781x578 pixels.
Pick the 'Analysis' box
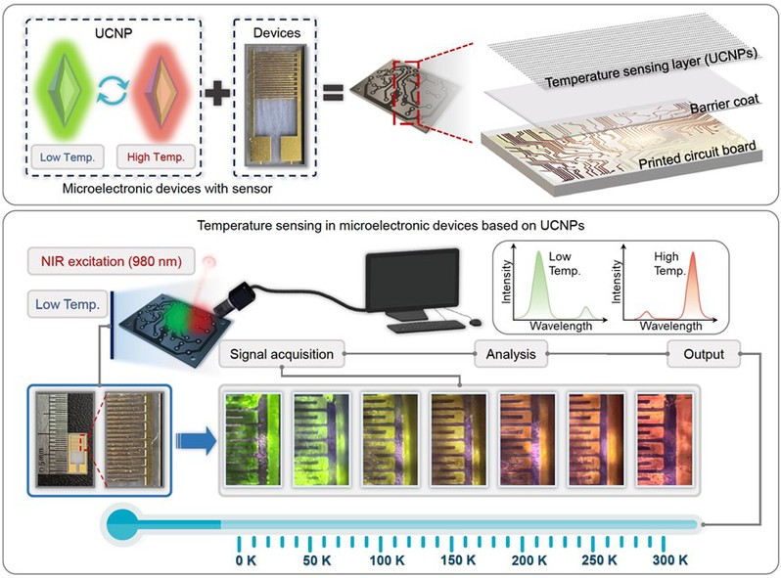tap(510, 354)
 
